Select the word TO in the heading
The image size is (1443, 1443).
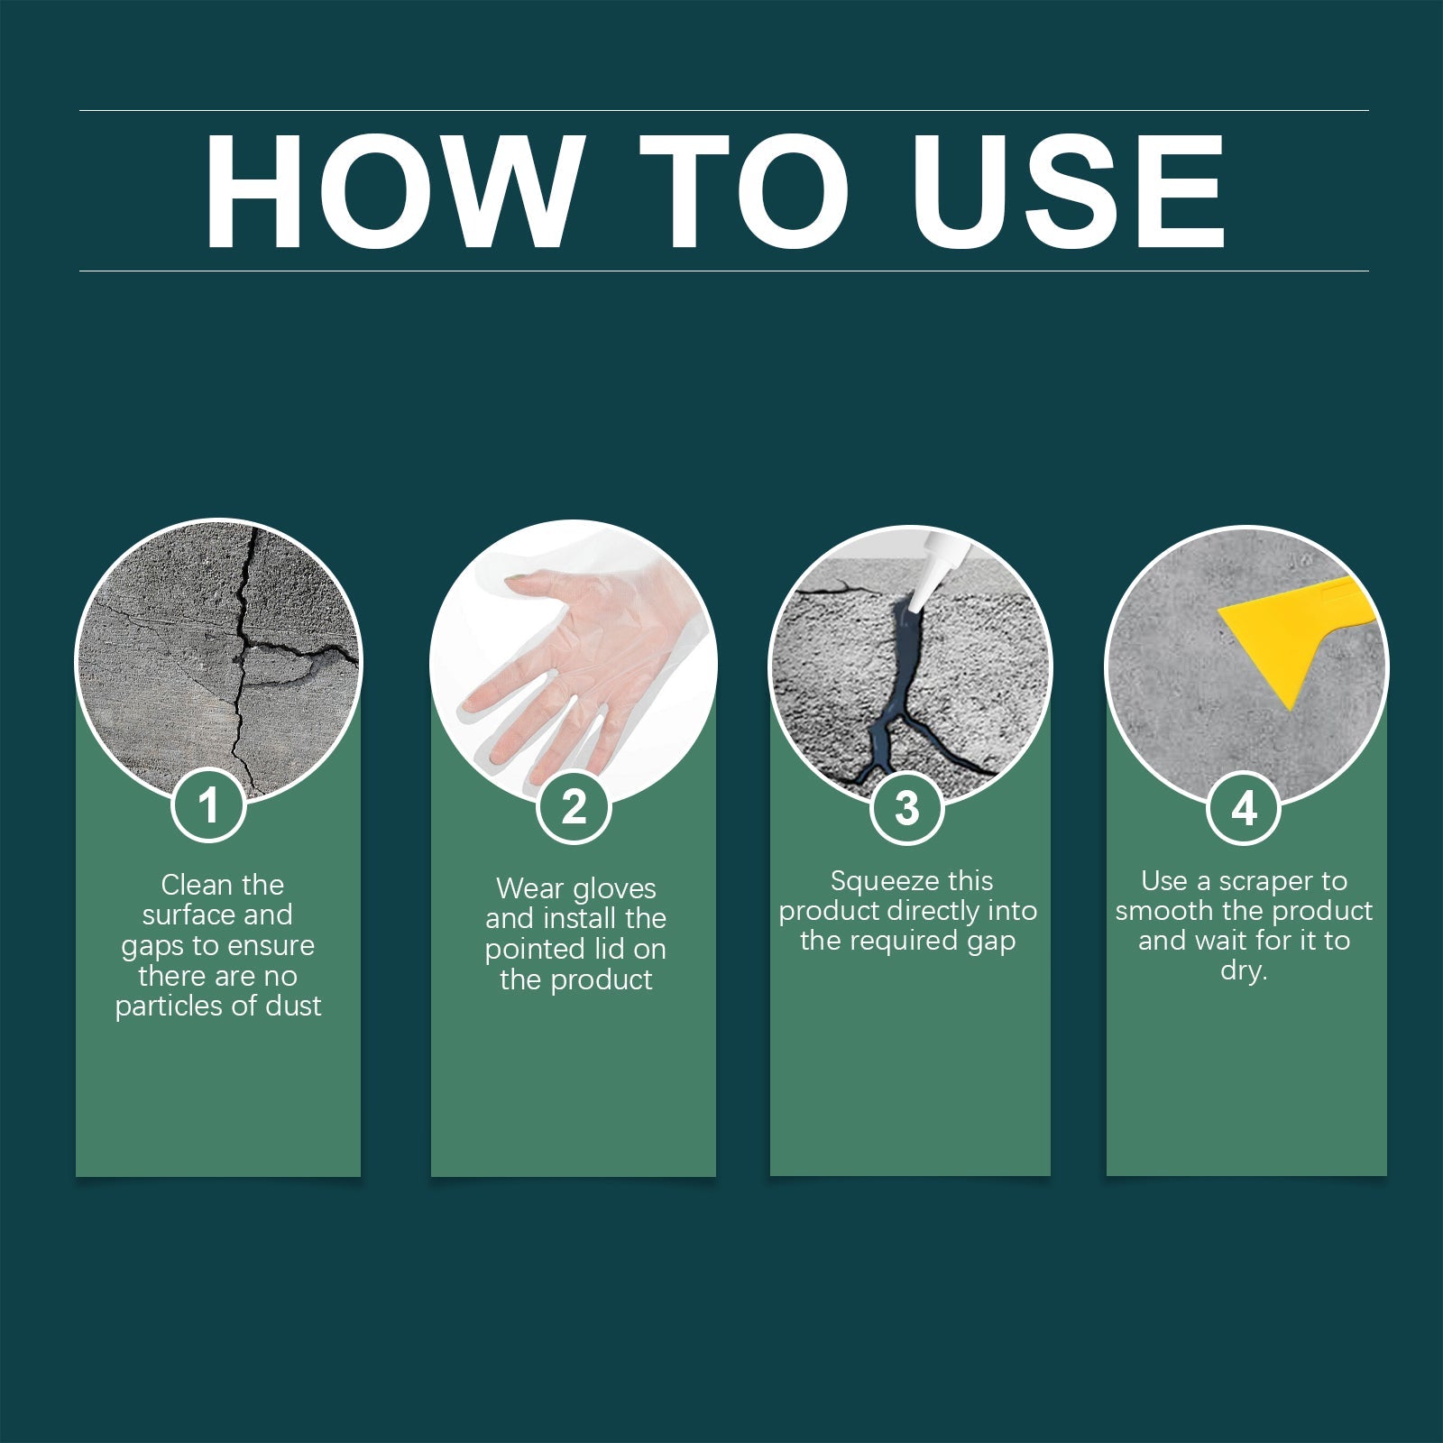pos(745,191)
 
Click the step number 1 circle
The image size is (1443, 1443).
pos(208,804)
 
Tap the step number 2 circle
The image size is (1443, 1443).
pos(574,806)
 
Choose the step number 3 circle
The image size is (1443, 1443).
pos(907,808)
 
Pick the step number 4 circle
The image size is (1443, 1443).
pos(1244,808)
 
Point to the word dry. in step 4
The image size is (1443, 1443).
pos(1244,971)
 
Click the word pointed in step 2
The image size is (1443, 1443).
pos(526,950)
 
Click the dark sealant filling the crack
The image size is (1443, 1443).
pos(903,685)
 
